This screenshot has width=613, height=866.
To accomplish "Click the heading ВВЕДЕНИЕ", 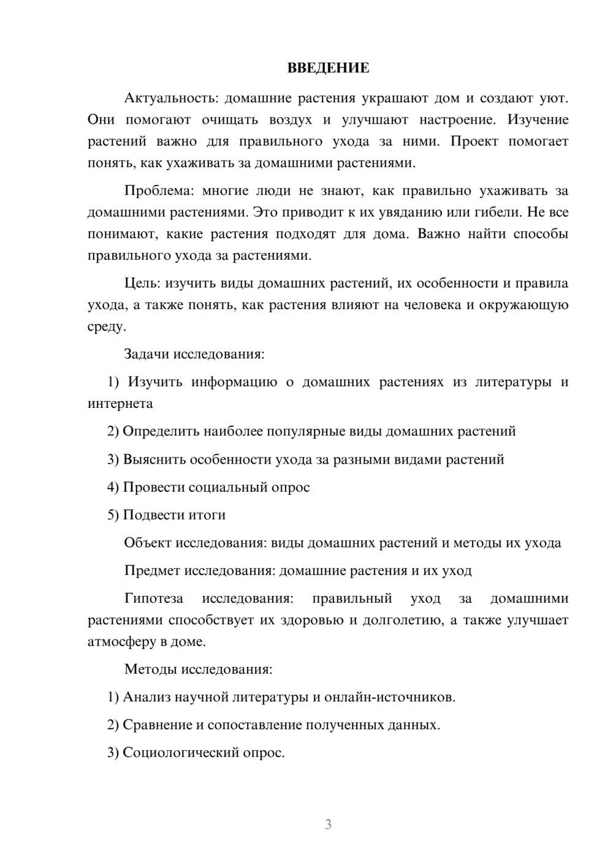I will tap(328, 68).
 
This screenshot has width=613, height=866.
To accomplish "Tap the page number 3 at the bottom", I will tap(328, 824).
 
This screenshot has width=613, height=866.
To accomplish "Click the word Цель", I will tap(142, 283).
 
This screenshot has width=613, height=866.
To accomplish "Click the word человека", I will tap(432, 304).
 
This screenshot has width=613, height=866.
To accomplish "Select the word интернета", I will tap(120, 403).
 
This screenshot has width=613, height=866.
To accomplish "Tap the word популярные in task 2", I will tap(306, 431).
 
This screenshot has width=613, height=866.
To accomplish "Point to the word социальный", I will tap(227, 487).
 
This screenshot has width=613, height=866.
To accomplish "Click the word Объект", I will tap(148, 543).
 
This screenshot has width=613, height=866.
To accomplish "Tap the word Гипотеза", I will tap(154, 598).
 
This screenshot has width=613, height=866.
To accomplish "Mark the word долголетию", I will tap(401, 620).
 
